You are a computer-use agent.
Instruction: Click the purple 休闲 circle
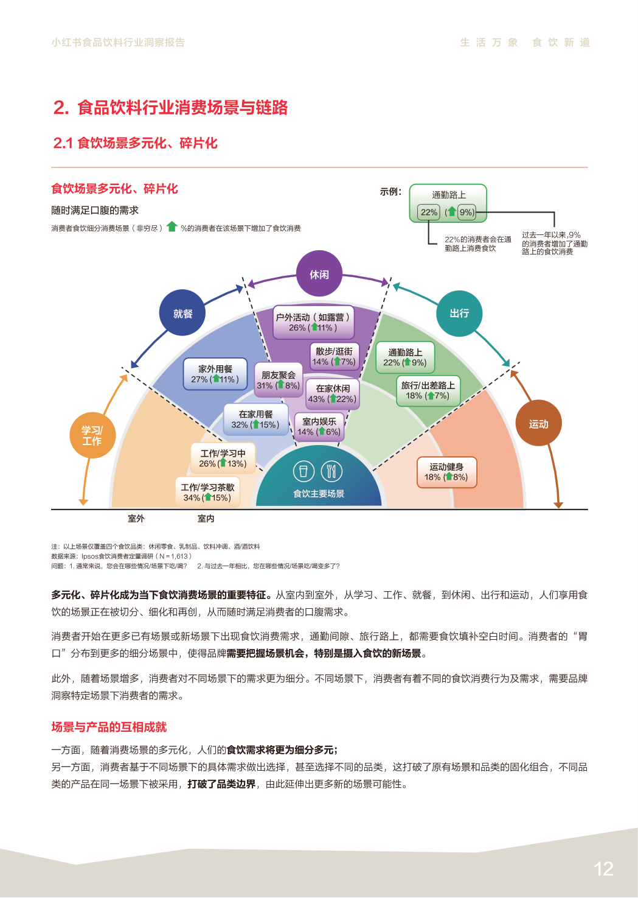coord(319,274)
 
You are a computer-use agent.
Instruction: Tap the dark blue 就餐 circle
coord(182,314)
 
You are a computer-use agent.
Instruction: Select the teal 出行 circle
coord(459,314)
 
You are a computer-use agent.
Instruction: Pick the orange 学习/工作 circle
coord(92,435)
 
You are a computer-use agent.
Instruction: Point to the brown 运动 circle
coord(538,424)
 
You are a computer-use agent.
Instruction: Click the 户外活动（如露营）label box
coord(313,322)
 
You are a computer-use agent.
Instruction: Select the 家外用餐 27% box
coord(215,374)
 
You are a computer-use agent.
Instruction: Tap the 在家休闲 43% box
coord(333,393)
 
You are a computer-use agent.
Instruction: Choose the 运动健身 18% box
coord(446,472)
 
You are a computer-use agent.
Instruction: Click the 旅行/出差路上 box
coord(428,390)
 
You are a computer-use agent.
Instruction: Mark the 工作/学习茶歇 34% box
coord(207,492)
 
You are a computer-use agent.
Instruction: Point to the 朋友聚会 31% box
coord(279,380)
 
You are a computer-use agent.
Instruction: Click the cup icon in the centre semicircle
coord(303,471)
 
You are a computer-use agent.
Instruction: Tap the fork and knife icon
coord(331,471)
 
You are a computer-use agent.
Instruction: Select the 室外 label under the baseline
coord(136,519)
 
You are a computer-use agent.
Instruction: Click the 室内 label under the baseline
coord(206,519)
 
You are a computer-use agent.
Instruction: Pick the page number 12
coord(603,869)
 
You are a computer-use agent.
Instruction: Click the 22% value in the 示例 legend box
coord(429,212)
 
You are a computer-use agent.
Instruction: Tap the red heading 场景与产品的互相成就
coord(109,727)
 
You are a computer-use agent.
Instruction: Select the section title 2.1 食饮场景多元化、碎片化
coord(135,143)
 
